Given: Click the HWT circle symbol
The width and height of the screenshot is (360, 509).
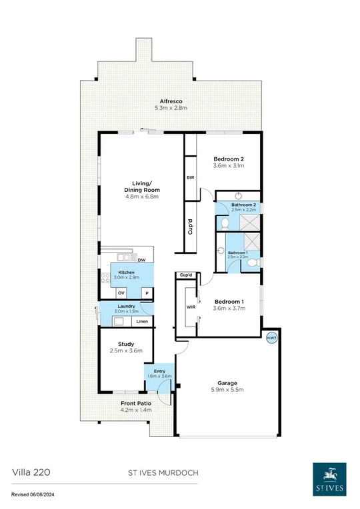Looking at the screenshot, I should click(x=271, y=338).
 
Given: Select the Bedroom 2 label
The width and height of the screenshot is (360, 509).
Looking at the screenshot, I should click(x=229, y=159).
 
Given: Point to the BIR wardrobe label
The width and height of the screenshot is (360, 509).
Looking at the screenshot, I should click(x=190, y=178).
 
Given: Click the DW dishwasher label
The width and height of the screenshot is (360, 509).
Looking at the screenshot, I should click(x=141, y=260).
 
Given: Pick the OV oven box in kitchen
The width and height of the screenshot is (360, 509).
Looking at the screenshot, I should click(x=121, y=292).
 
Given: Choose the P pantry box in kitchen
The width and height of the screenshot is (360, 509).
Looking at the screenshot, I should click(x=146, y=292).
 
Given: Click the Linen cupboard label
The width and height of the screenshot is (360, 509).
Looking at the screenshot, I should click(x=142, y=322).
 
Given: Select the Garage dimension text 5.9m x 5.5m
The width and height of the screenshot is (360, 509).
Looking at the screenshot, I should click(x=227, y=391).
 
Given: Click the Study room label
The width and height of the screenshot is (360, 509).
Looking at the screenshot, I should click(x=126, y=344).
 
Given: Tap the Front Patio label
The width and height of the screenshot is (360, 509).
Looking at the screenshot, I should click(x=136, y=404).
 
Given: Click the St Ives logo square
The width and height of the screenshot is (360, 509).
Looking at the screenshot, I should click(x=329, y=477).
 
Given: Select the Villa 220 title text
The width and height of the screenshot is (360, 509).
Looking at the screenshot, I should click(x=31, y=472).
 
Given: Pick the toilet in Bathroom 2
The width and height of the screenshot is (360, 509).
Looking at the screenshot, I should click(x=225, y=222).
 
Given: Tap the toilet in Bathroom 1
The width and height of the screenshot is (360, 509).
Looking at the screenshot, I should click(x=252, y=264).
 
